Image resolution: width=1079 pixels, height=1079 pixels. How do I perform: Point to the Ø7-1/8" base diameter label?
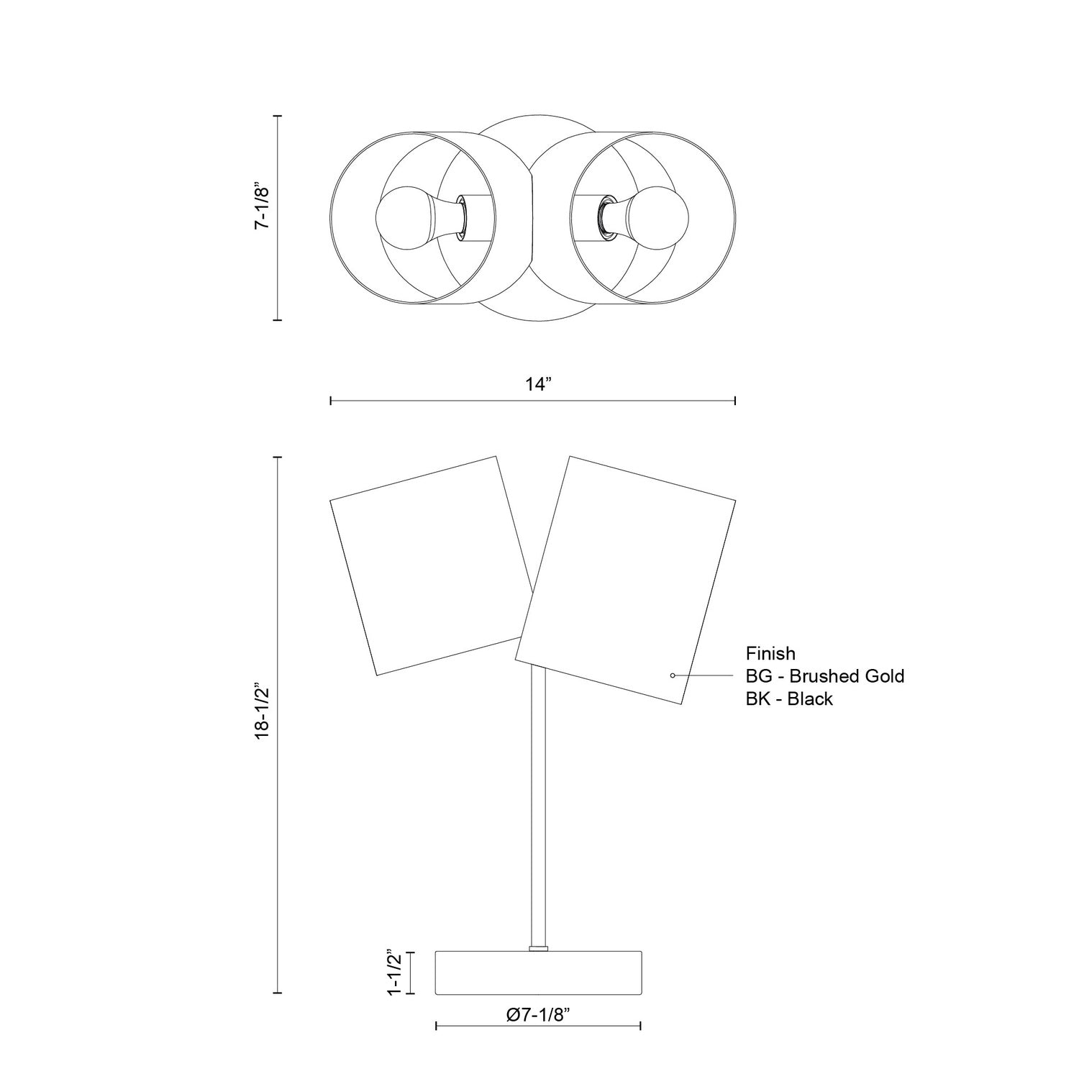[x=538, y=1015]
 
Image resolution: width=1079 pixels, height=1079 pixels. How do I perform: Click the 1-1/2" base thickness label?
[x=393, y=973]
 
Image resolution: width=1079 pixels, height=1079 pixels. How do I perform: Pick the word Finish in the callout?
[x=770, y=653]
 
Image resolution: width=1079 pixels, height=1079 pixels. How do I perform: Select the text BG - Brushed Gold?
[x=824, y=676]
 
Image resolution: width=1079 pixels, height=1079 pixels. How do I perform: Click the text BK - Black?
[x=789, y=698]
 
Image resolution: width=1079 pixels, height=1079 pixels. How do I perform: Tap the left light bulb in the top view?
[x=403, y=217]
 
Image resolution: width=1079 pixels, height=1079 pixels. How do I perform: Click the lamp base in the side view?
[x=538, y=973]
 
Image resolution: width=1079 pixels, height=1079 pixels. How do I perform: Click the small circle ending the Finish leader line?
[x=672, y=675]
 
